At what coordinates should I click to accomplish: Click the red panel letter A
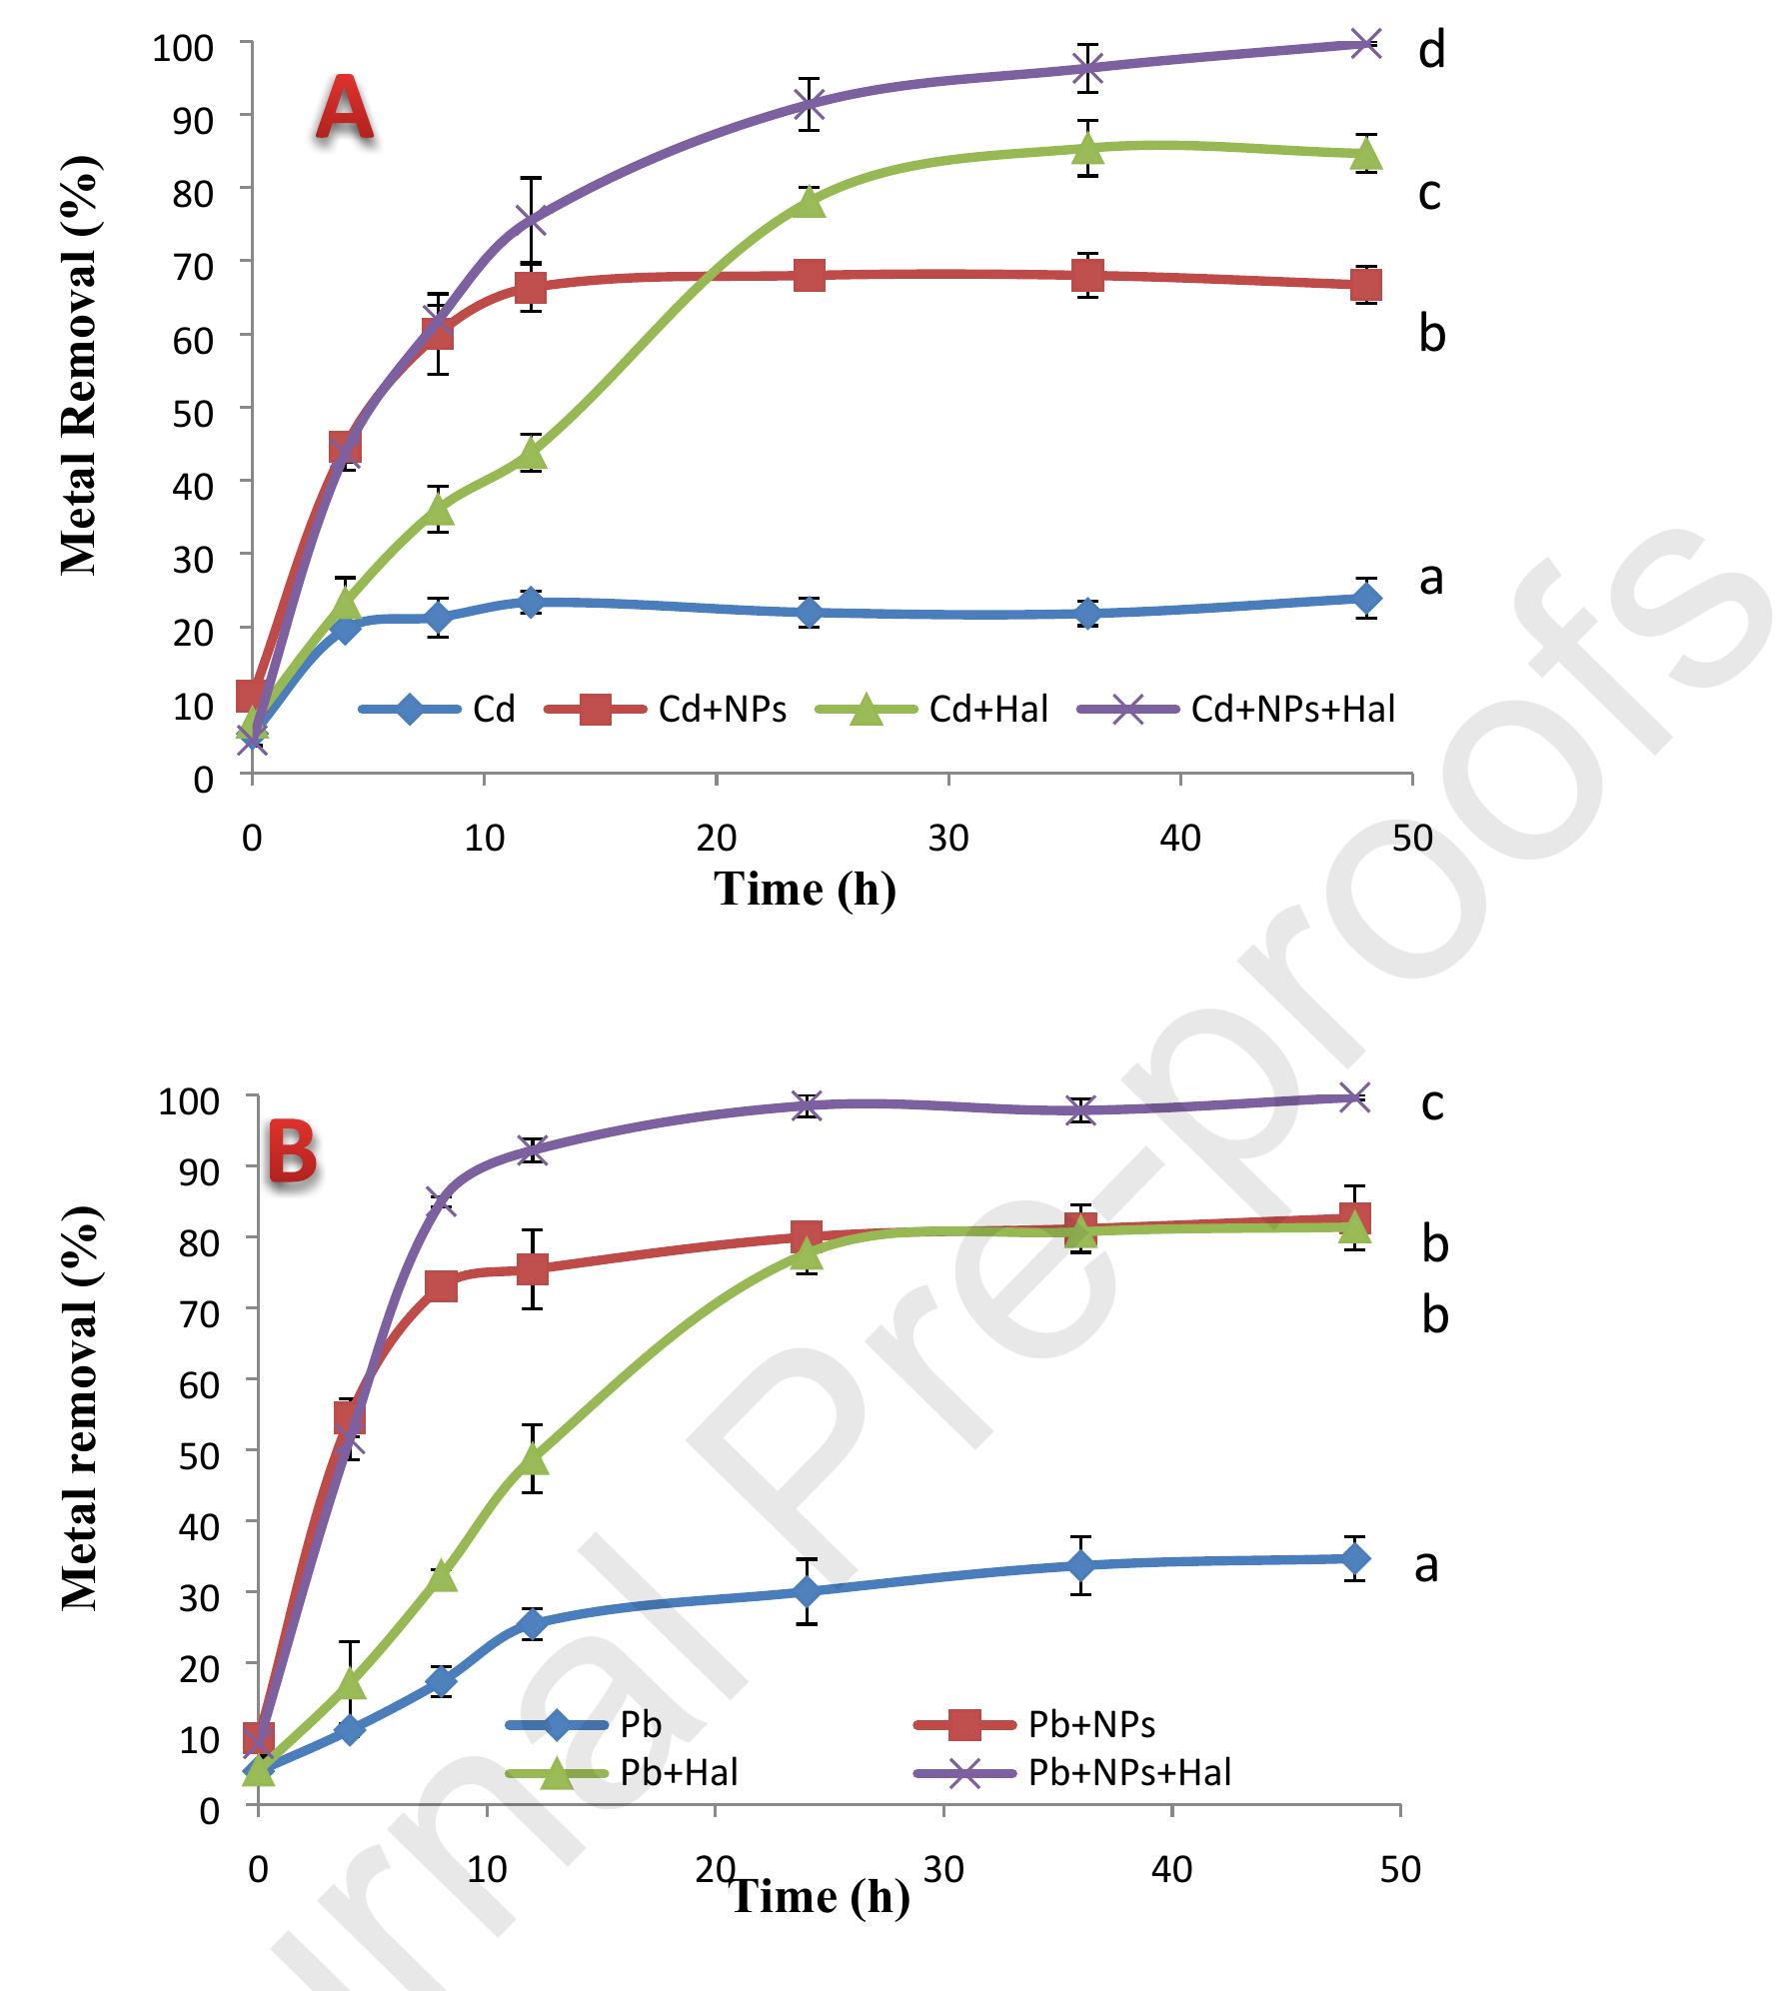[x=345, y=112]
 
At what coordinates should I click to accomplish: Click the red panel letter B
[x=293, y=1152]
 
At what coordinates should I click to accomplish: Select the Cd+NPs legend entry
[x=665, y=709]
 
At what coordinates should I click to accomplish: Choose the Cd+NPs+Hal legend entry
[x=1235, y=709]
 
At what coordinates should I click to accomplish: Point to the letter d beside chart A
[x=1431, y=49]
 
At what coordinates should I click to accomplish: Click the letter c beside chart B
[x=1432, y=1102]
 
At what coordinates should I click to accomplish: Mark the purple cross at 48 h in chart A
[x=1365, y=43]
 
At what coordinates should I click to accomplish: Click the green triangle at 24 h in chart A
[x=810, y=202]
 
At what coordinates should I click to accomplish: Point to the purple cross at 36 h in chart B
[x=1080, y=1109]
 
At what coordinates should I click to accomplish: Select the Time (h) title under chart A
[x=805, y=889]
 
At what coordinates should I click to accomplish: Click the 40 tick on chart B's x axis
[x=1171, y=1868]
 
